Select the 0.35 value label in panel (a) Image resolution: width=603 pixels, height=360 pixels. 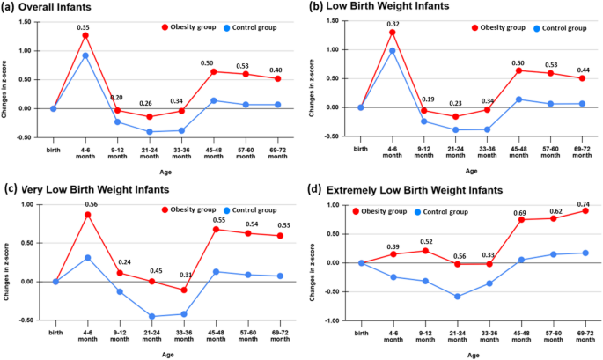click(83, 27)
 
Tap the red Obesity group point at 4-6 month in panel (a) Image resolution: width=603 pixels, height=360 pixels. click(85, 35)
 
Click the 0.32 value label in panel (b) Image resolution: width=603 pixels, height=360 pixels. click(392, 24)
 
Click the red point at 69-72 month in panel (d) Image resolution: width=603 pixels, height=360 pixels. click(584, 211)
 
